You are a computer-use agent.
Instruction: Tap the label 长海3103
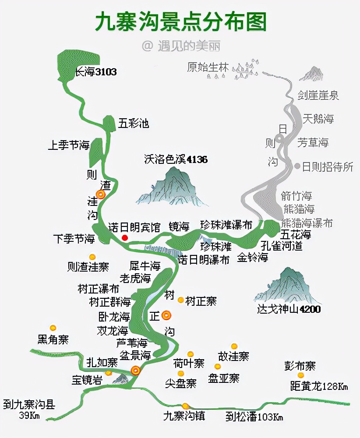tap(95, 72)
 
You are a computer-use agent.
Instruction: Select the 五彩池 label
tap(134, 124)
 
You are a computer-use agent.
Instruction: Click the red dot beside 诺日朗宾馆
tap(125, 237)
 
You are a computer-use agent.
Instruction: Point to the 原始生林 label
tap(208, 67)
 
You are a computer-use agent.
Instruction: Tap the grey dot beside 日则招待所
tap(297, 166)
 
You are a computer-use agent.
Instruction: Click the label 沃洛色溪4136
tap(176, 159)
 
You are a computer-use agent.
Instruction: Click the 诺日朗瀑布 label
tap(204, 260)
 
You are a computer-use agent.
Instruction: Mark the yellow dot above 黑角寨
tap(53, 328)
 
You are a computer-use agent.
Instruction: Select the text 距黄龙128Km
tap(319, 386)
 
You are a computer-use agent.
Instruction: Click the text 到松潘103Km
tap(254, 417)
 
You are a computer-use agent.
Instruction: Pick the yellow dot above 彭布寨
tap(300, 375)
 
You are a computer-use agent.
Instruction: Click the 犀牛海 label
tap(145, 266)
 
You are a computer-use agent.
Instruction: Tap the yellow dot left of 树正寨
tap(180, 300)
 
